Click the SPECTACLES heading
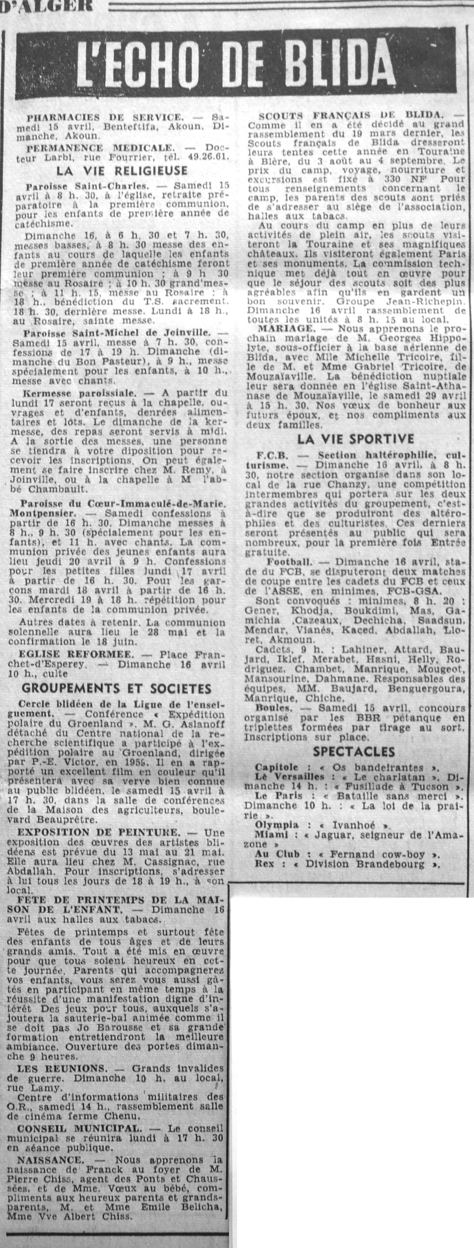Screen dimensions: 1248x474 tap(354, 752)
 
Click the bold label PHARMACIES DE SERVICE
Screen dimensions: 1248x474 tap(105, 117)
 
